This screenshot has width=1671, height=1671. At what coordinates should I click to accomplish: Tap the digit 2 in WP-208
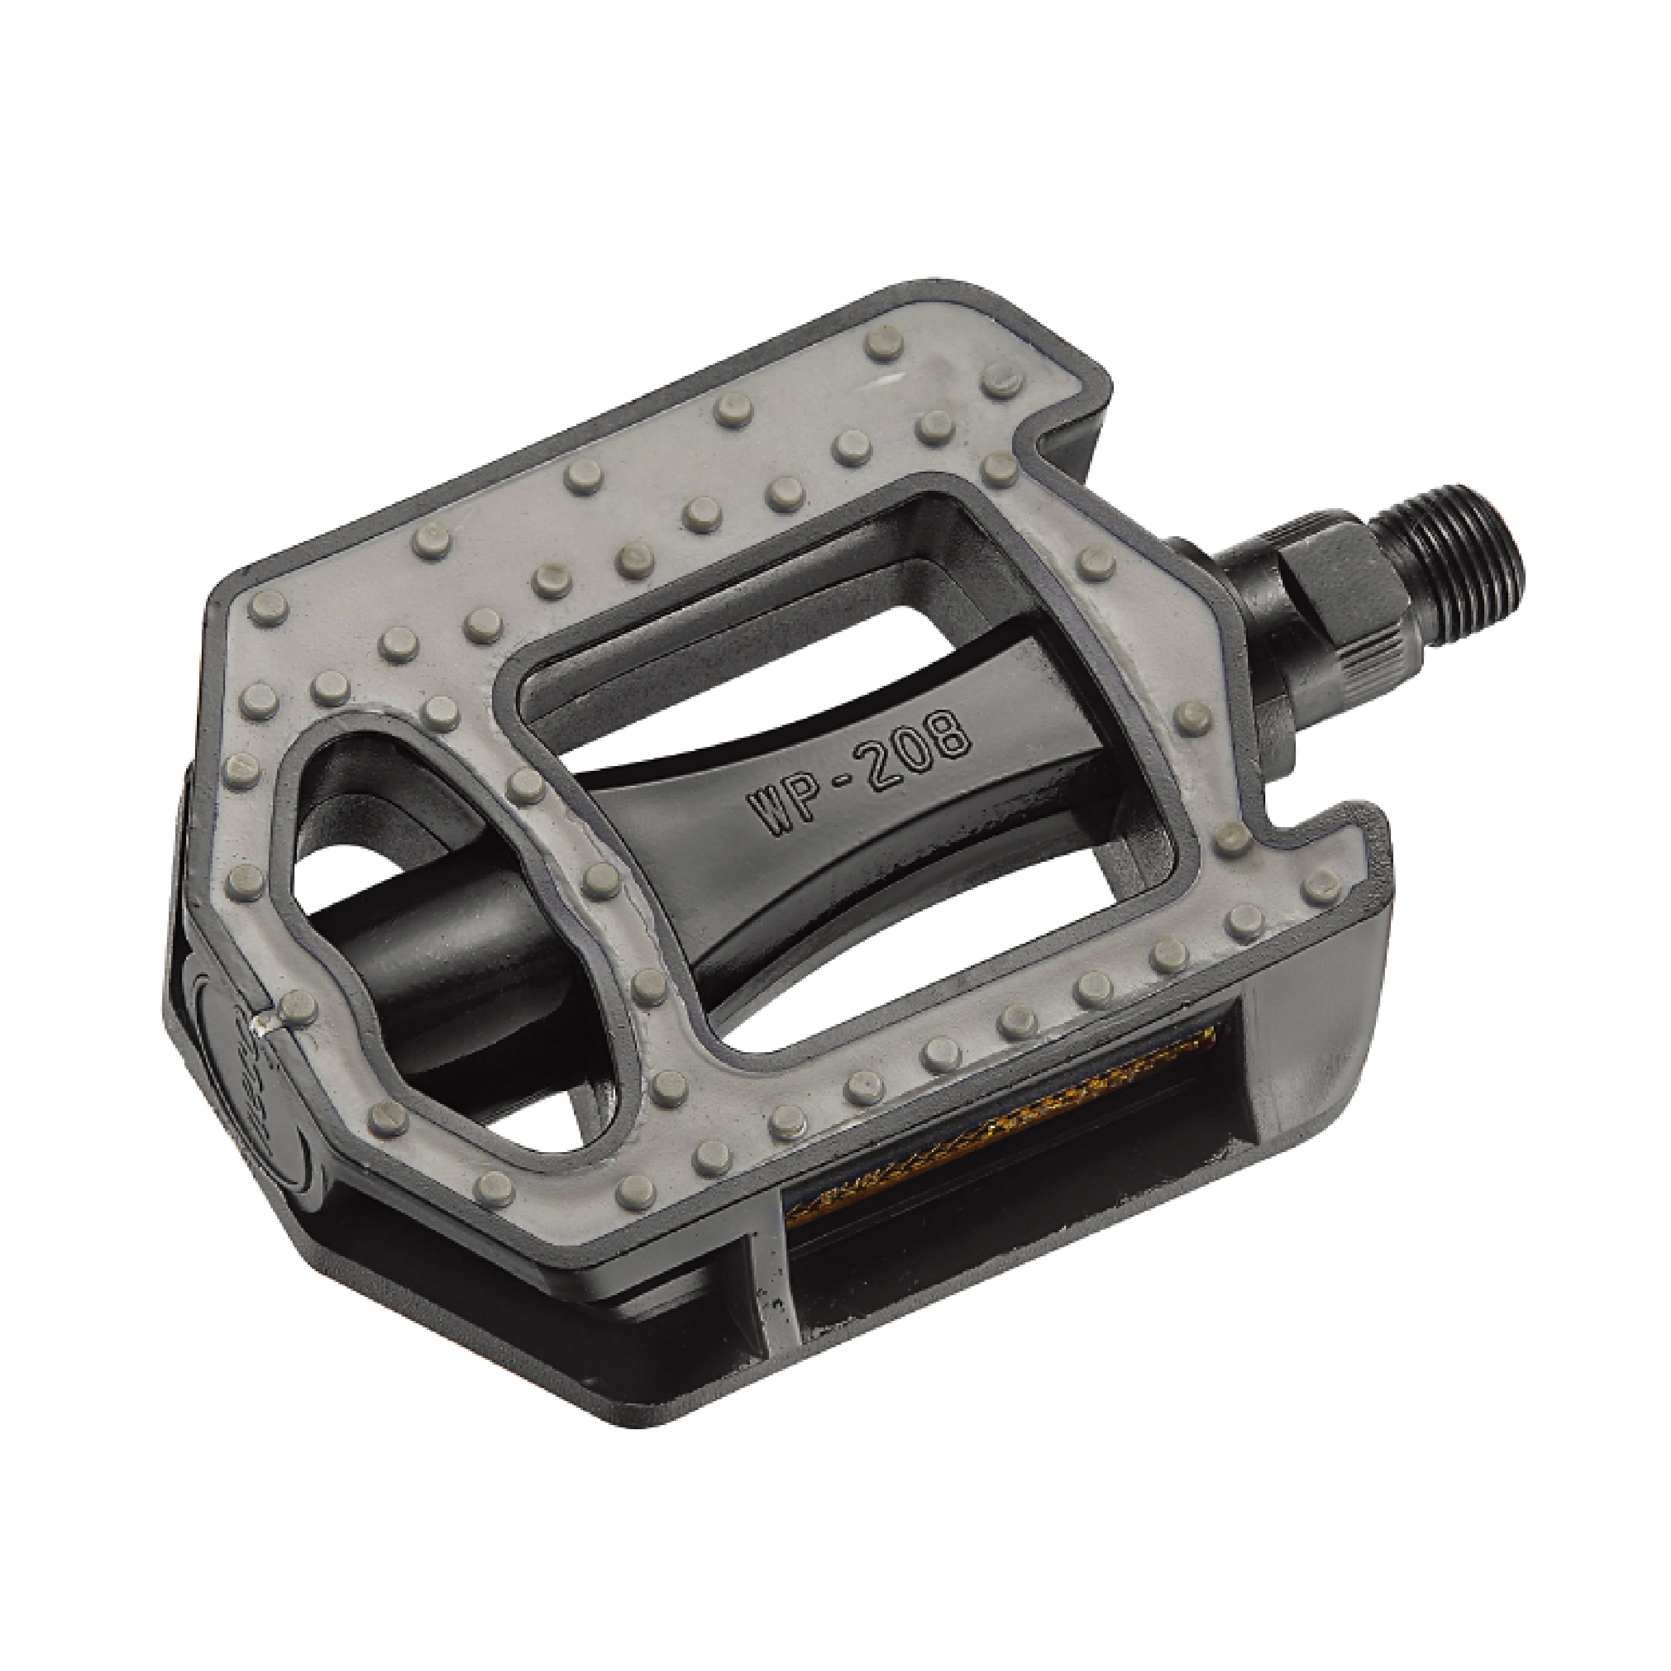(882, 762)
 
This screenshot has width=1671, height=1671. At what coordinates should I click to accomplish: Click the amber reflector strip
(1003, 1116)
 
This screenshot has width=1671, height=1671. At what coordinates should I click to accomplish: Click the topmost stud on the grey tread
(882, 344)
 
